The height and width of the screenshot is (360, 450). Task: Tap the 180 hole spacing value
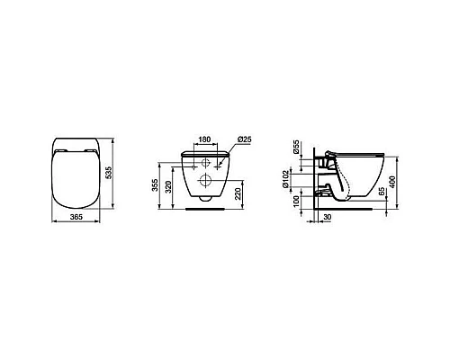205,139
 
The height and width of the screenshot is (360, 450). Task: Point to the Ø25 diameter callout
244,139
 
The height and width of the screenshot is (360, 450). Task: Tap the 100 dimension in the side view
295,200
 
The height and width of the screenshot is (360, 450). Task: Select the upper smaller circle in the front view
205,163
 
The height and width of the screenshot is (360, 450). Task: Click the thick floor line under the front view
205,209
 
